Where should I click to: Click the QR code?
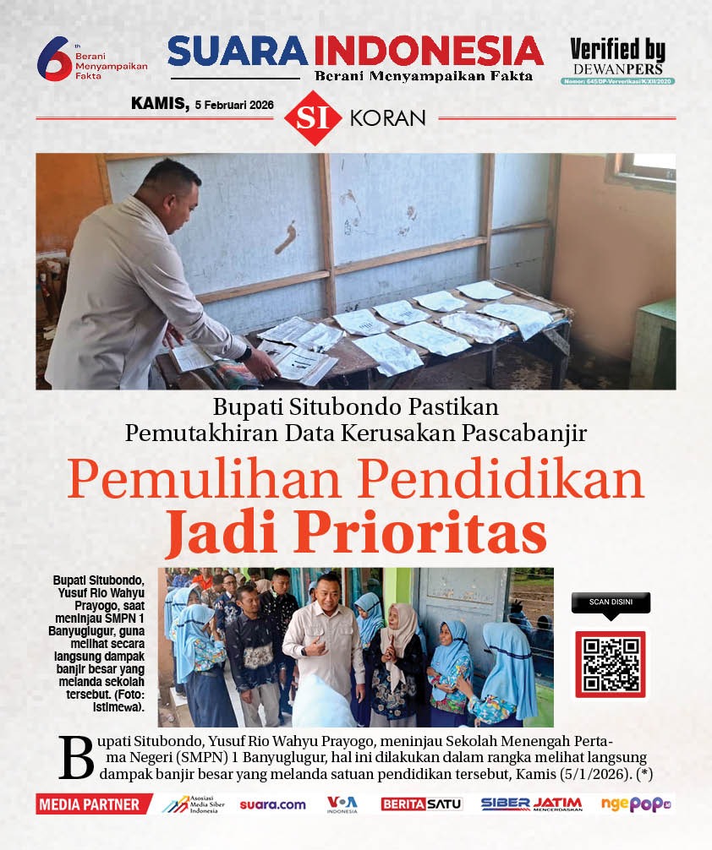click(x=610, y=664)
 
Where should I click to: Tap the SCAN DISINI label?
click(x=610, y=603)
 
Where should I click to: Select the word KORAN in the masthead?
click(x=387, y=118)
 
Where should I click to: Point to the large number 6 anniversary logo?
click(x=53, y=59)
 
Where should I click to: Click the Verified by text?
click(x=617, y=49)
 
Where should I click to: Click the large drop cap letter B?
click(x=76, y=757)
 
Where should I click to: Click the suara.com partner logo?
click(x=272, y=804)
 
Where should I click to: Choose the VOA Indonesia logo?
click(x=342, y=804)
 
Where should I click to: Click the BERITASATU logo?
click(x=422, y=804)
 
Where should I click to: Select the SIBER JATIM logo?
click(x=531, y=804)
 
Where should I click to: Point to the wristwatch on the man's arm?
click(x=244, y=355)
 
